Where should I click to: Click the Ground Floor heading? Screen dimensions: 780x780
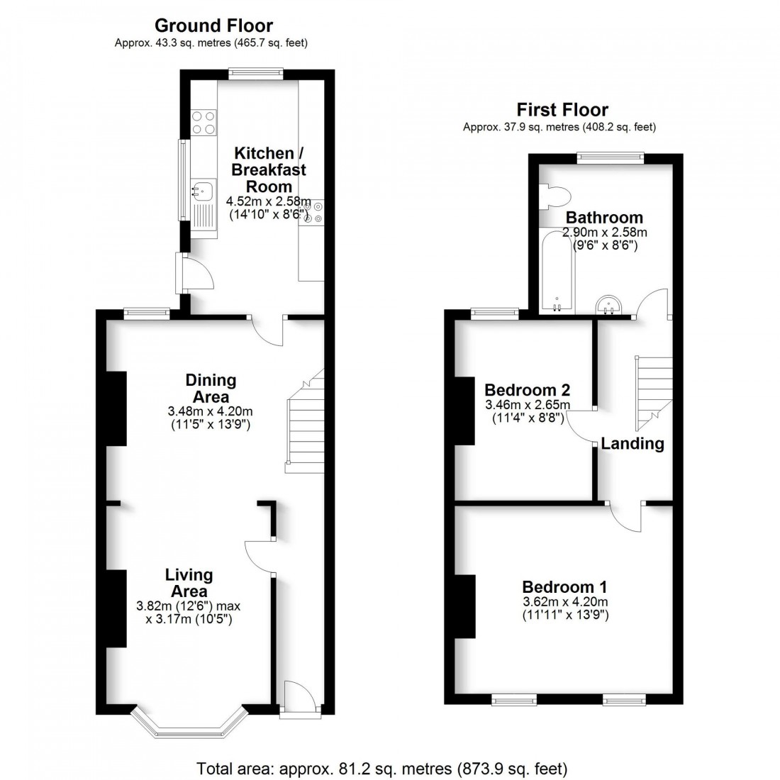[213, 26]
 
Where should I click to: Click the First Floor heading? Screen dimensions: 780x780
[562, 110]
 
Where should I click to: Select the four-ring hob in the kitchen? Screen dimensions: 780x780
[204, 123]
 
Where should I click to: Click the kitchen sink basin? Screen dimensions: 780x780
[203, 190]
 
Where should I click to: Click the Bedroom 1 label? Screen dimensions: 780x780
[564, 586]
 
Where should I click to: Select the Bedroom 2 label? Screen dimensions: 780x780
[527, 390]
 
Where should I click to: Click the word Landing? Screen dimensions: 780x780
[633, 444]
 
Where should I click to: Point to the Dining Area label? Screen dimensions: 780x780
[211, 388]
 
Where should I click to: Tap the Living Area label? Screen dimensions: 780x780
[189, 582]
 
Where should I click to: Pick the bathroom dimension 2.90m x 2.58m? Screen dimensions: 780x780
[604, 233]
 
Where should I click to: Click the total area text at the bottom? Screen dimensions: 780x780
[382, 768]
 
